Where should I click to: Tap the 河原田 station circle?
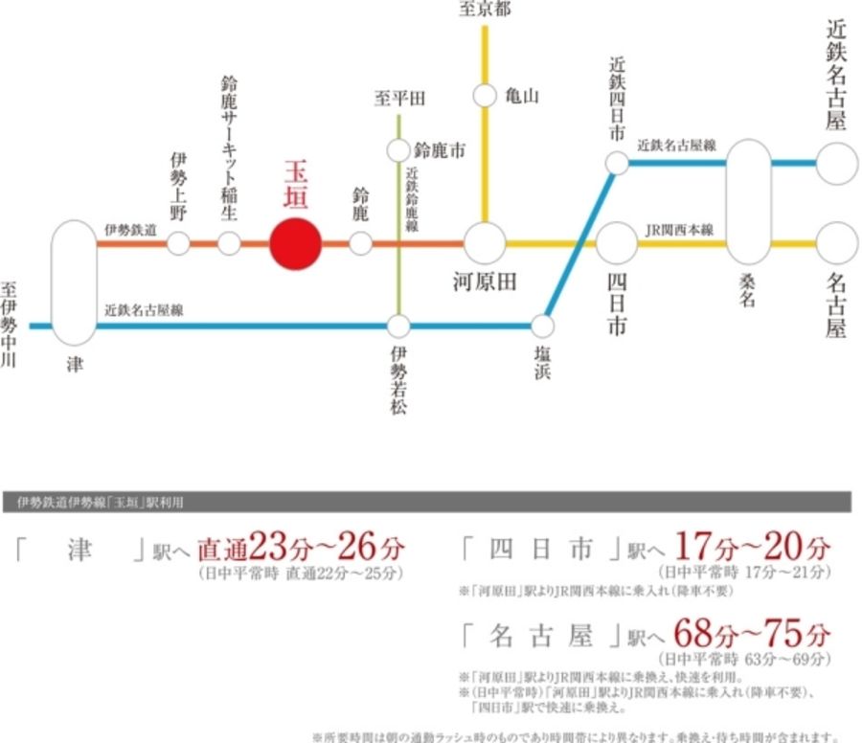click(486, 243)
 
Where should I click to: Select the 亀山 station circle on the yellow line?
click(486, 96)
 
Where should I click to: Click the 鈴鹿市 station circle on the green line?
click(398, 150)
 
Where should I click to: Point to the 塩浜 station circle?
click(543, 326)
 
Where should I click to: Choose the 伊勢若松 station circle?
click(398, 326)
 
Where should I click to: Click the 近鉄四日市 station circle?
click(617, 164)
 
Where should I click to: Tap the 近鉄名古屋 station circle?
click(836, 164)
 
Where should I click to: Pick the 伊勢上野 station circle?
click(178, 243)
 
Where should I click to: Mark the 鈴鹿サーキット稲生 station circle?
click(229, 243)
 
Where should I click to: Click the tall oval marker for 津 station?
click(75, 282)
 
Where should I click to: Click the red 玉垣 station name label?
click(296, 185)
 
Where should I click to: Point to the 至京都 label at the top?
click(485, 10)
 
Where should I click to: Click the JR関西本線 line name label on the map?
click(679, 231)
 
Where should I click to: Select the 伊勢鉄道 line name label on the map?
click(130, 231)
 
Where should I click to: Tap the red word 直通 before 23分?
click(222, 551)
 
